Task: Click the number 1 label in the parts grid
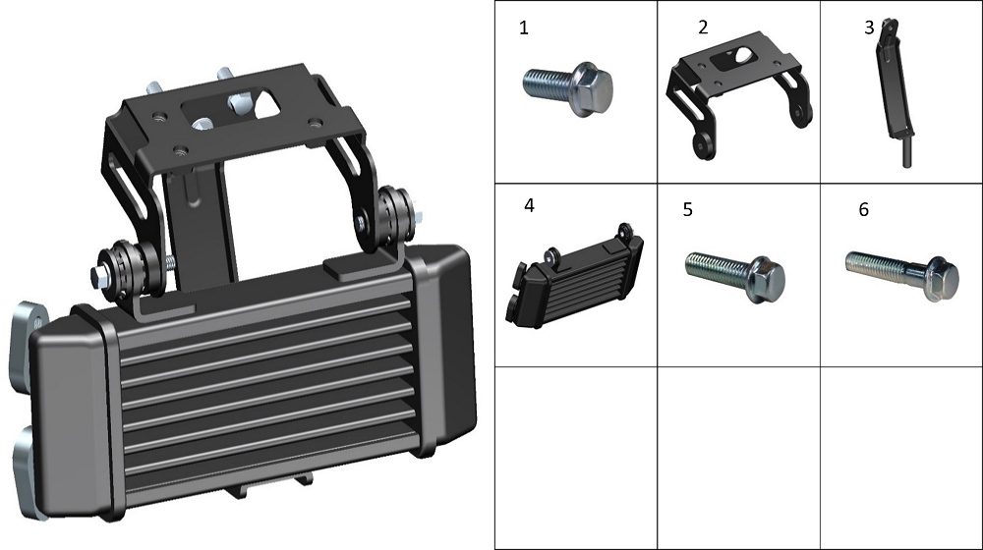pos(524,28)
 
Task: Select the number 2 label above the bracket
pos(703,27)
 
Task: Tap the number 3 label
pos(869,27)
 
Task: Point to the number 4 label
pos(529,205)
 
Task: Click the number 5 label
pos(688,209)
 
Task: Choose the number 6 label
pos(863,209)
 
